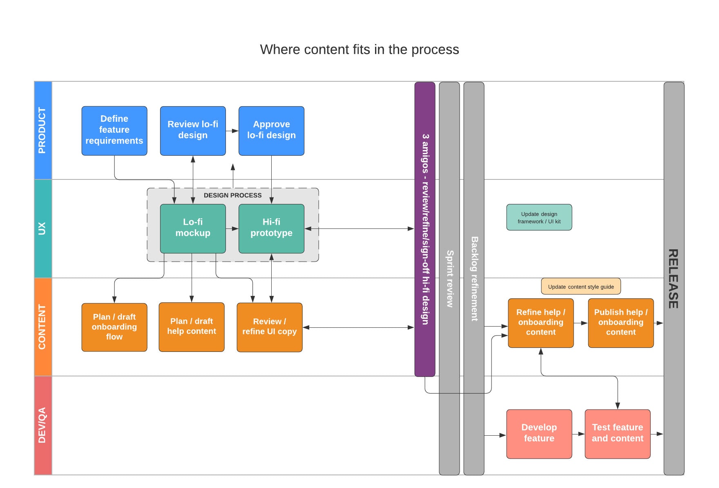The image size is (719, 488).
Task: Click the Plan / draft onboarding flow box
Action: coord(114,327)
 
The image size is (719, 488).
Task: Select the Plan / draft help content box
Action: coord(192,327)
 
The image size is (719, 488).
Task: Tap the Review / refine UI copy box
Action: coord(270,327)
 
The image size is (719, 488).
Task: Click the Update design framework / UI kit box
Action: coord(539,217)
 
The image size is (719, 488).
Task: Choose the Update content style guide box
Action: coord(581,287)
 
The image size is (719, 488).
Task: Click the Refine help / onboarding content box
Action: coord(540,323)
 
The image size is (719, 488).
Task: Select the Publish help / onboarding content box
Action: coord(621,323)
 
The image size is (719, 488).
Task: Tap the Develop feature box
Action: coord(539,434)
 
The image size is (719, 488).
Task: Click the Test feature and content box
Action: coord(617,434)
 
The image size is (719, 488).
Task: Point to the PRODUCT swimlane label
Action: coord(42,130)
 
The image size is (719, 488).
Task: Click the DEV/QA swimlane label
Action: coord(42,425)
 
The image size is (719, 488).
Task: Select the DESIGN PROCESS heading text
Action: coord(232,195)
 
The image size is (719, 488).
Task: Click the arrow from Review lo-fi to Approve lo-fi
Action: coord(232,131)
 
